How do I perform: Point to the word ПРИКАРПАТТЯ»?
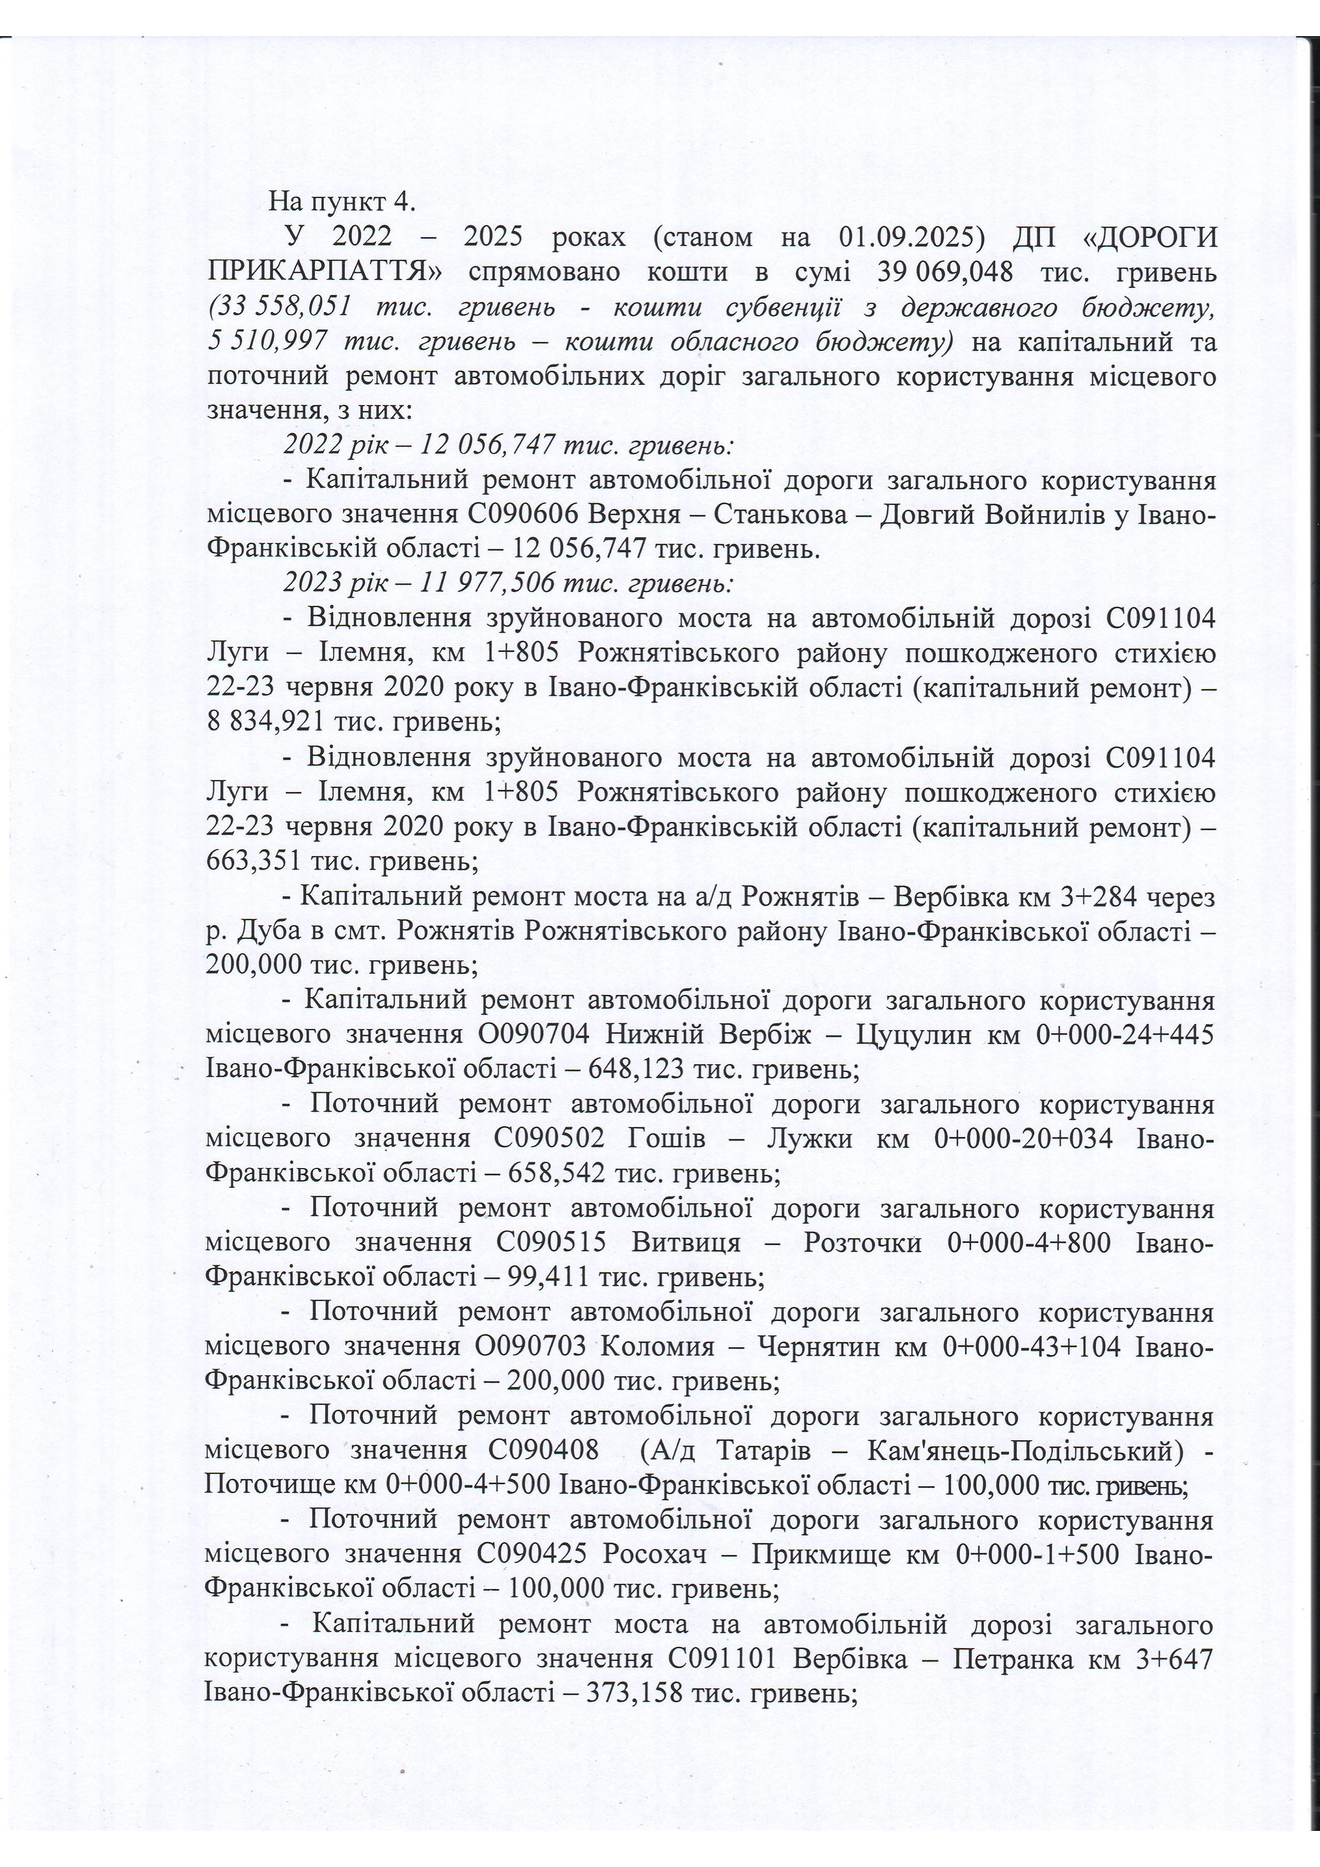pyautogui.click(x=325, y=272)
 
